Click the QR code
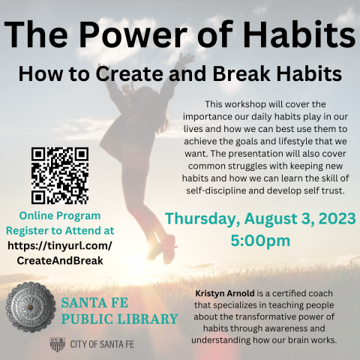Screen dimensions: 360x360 click(59, 175)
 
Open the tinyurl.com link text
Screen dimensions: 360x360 click(59, 245)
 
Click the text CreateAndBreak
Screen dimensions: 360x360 click(59, 259)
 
